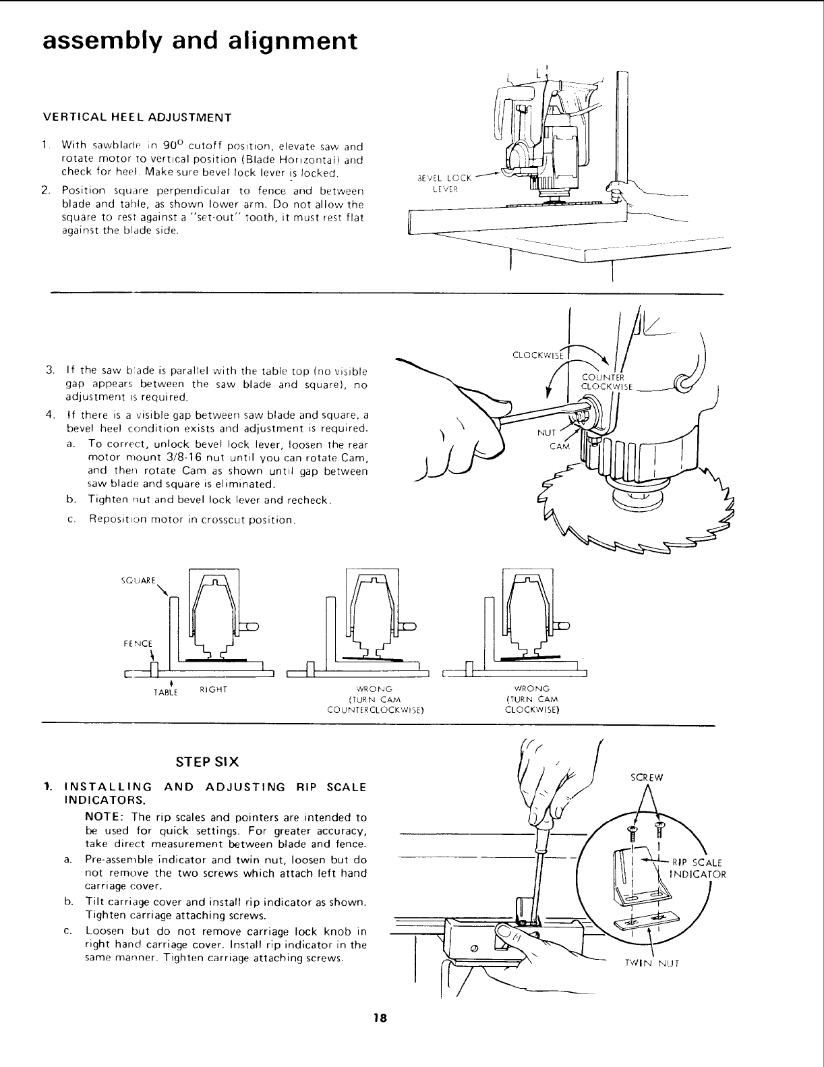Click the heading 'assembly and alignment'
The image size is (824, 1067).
pyautogui.click(x=199, y=40)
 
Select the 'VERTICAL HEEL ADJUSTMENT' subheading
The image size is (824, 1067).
pyautogui.click(x=137, y=117)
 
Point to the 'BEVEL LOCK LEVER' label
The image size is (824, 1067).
pyautogui.click(x=444, y=183)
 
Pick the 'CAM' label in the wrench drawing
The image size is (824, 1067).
pyautogui.click(x=560, y=446)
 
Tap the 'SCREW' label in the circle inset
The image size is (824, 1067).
pyautogui.click(x=647, y=777)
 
